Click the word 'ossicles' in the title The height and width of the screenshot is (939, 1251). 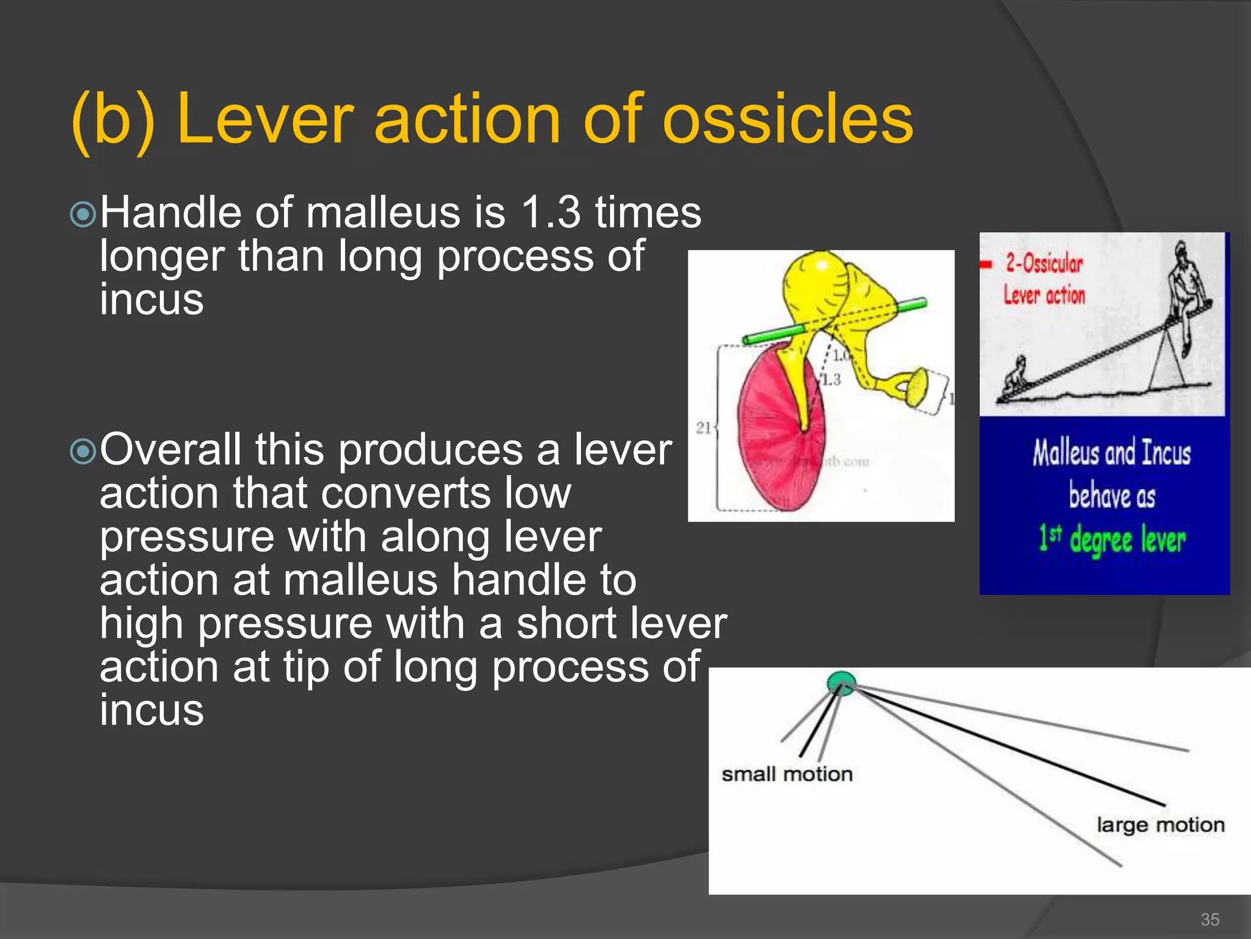tap(788, 119)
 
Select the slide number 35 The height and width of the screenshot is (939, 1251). tap(1209, 919)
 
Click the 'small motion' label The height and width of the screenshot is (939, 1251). tap(787, 775)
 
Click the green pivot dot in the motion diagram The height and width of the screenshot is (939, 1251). tap(841, 682)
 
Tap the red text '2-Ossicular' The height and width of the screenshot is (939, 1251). tap(1044, 263)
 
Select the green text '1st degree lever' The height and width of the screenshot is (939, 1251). tap(1112, 540)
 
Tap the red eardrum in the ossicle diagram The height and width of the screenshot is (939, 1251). tap(773, 440)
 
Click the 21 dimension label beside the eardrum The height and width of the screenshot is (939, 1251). tap(702, 427)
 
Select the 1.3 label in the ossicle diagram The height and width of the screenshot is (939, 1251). tap(831, 380)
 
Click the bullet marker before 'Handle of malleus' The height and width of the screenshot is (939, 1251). tap(83, 215)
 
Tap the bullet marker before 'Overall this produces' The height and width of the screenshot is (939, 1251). tap(83, 452)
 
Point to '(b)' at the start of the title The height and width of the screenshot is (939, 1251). tap(112, 119)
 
